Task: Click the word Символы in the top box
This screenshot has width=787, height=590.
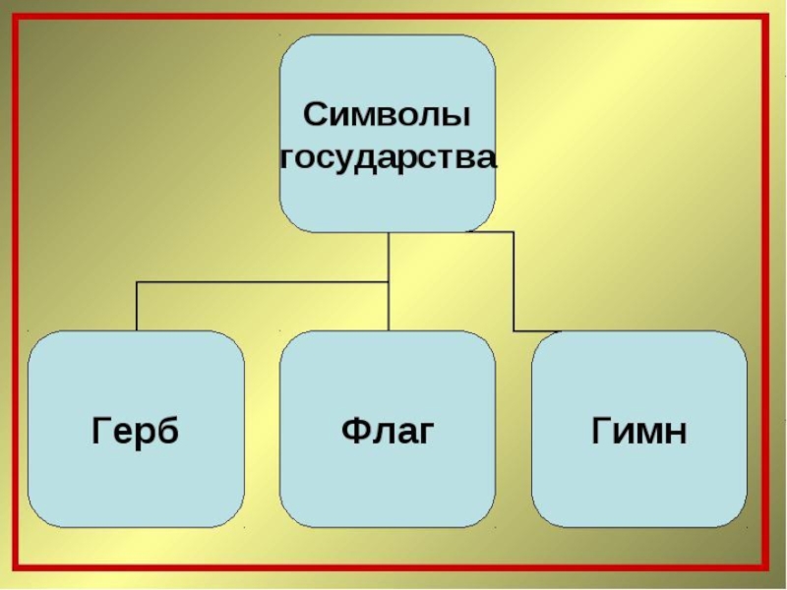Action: [387, 114]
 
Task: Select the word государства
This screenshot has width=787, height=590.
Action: [388, 157]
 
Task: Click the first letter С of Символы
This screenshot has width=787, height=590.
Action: [315, 114]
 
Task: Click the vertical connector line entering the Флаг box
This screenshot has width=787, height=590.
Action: [389, 310]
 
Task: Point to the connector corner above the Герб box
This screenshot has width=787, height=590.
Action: [137, 283]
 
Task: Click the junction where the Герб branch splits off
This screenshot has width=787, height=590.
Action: [389, 283]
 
